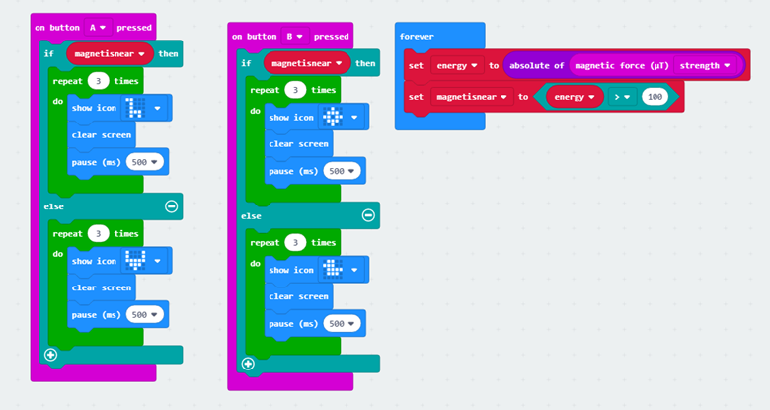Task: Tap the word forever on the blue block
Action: click(416, 36)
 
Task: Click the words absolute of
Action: click(536, 66)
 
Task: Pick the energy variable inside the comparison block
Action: click(575, 97)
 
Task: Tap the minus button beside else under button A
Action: click(171, 206)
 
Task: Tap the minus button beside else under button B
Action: click(368, 215)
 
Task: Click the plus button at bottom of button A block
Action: click(51, 355)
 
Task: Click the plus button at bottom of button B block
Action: click(248, 364)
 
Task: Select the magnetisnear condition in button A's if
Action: click(110, 54)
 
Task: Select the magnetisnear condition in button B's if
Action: click(308, 63)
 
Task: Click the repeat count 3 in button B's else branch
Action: click(295, 243)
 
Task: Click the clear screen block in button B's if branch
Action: click(298, 143)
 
